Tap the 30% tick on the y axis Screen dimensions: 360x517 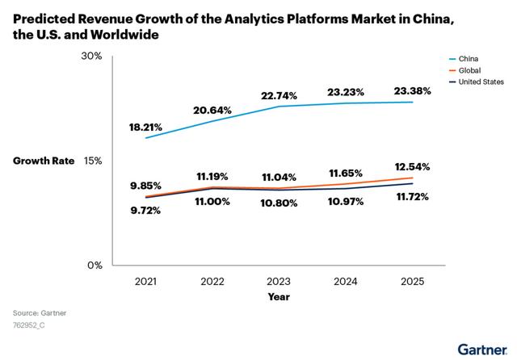pos(92,57)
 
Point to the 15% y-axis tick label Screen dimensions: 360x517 pos(93,161)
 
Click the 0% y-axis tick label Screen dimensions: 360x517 pos(95,266)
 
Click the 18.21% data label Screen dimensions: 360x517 pos(145,127)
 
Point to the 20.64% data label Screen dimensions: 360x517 pos(212,109)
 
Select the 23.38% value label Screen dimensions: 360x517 pos(412,91)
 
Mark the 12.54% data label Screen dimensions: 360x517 pos(412,167)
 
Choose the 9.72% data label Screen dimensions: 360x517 pos(145,211)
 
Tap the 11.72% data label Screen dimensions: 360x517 pos(412,196)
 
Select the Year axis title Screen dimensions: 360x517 pos(280,297)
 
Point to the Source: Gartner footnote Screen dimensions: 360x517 pos(40,312)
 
